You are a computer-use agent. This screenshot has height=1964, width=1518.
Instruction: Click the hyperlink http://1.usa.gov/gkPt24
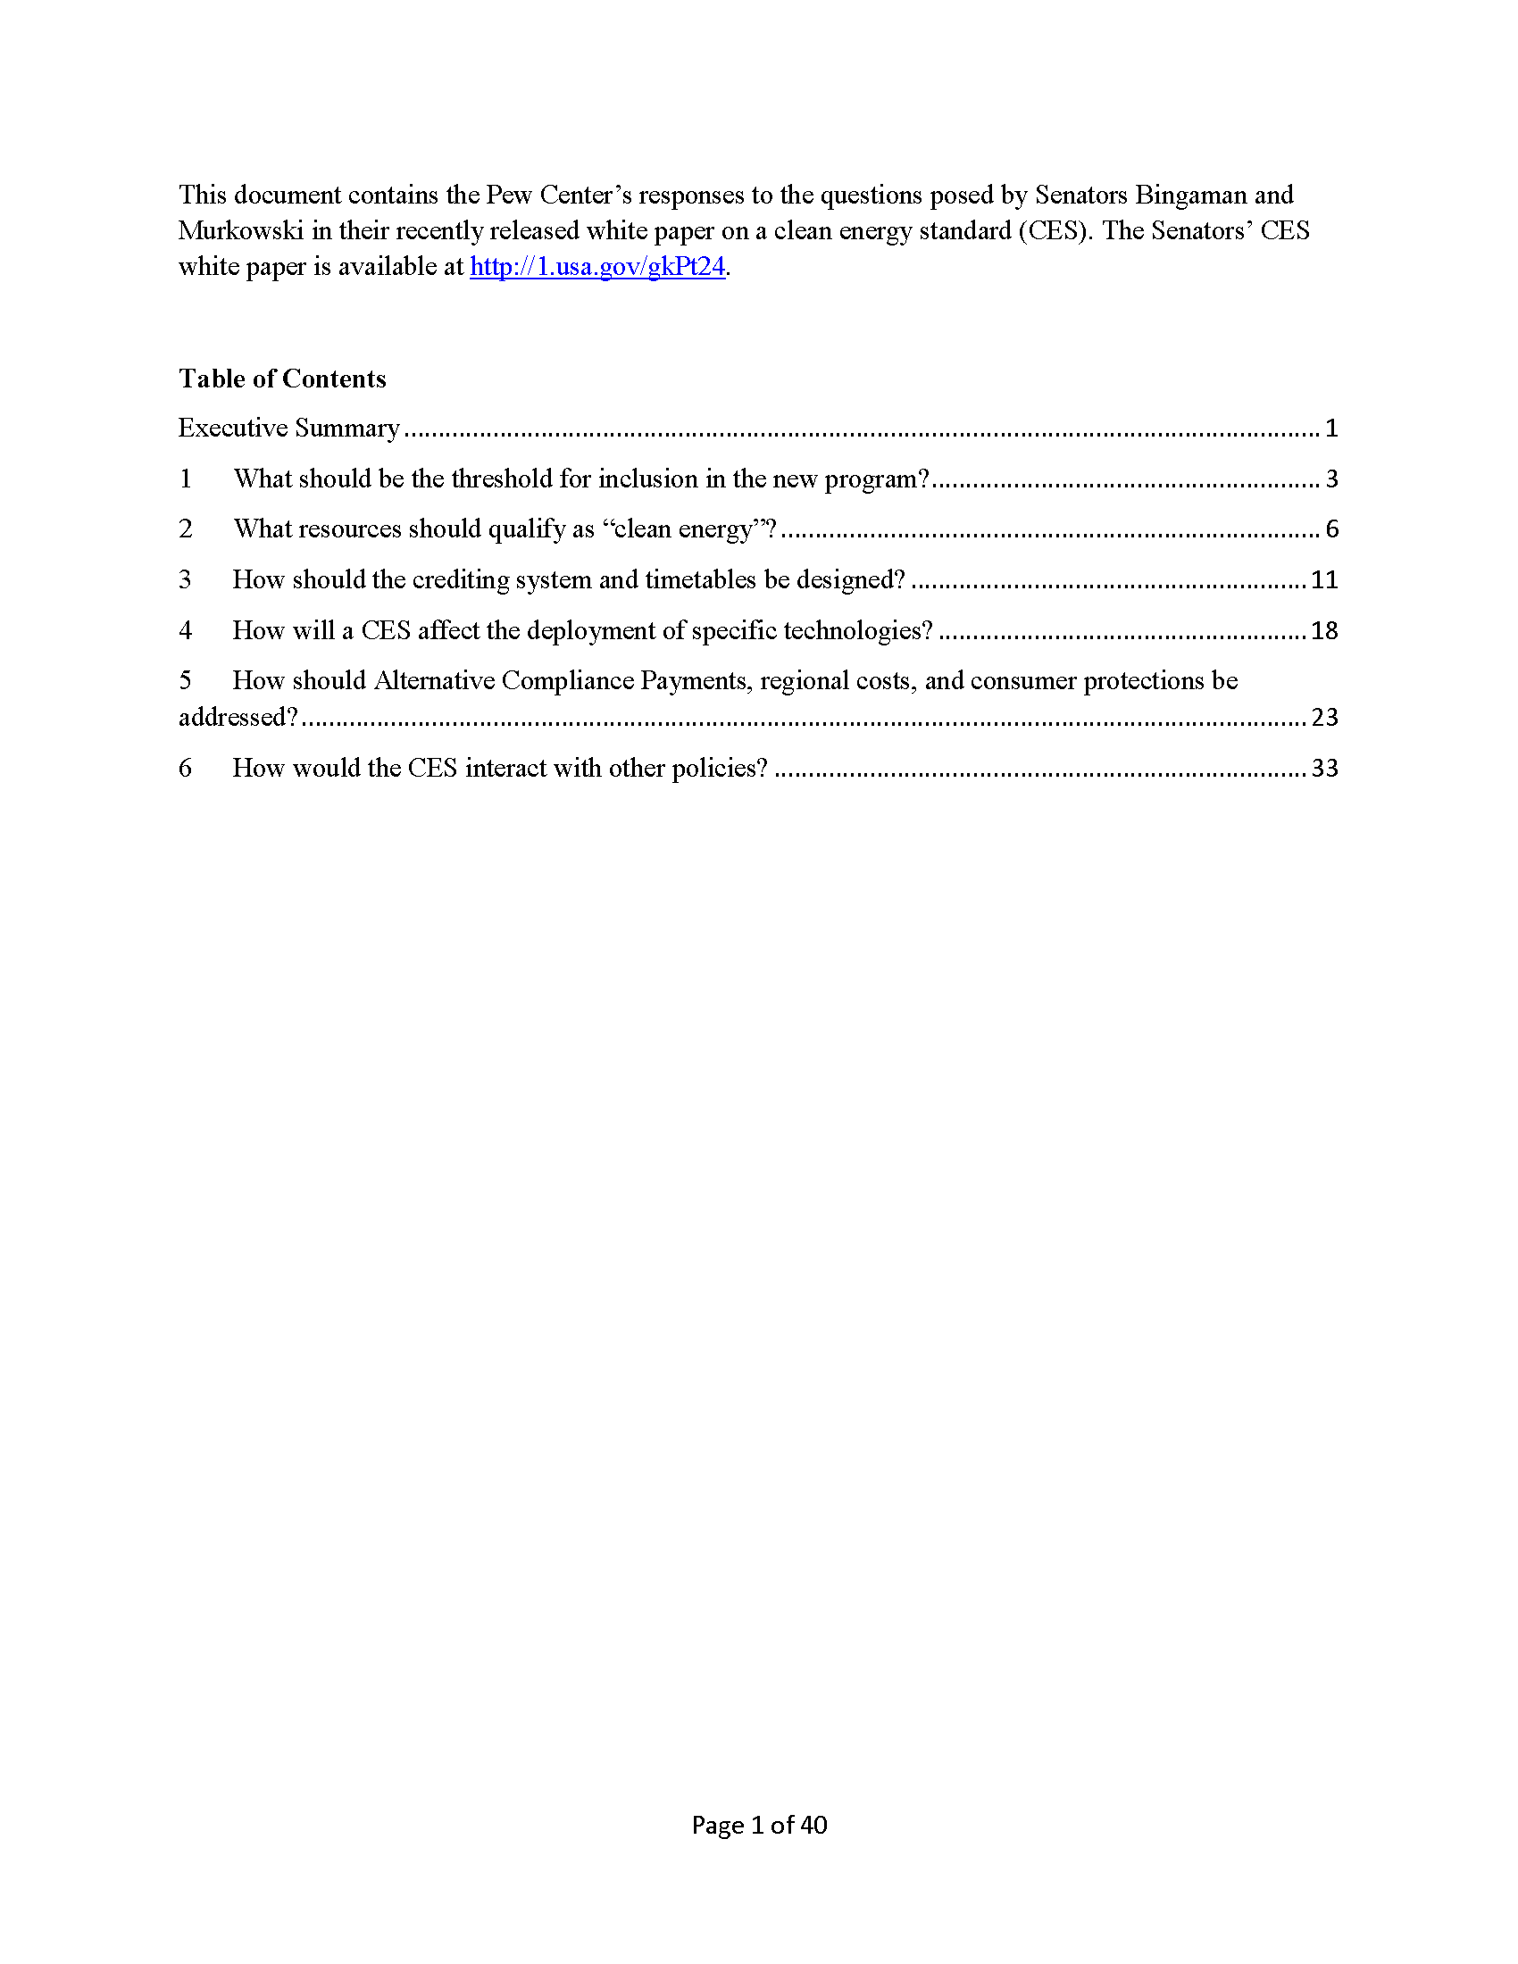click(x=596, y=267)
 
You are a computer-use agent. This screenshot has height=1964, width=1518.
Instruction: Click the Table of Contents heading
click(x=282, y=379)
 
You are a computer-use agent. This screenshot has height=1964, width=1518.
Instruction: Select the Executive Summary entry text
click(x=288, y=428)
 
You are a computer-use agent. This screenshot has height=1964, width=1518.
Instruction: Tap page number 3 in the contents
click(x=1331, y=479)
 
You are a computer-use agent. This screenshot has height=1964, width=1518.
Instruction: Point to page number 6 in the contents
click(x=1331, y=529)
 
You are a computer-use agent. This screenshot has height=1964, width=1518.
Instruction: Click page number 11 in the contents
click(x=1323, y=580)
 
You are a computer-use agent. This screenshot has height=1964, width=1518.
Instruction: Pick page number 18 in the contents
click(x=1323, y=631)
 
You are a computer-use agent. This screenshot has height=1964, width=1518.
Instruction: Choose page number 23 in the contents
click(x=1323, y=718)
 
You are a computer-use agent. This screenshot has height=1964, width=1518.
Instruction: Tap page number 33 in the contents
click(x=1323, y=769)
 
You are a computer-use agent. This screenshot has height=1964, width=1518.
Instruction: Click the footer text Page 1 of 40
click(x=759, y=1825)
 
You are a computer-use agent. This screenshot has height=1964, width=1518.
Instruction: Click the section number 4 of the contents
click(x=185, y=630)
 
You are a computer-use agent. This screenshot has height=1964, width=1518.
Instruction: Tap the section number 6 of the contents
click(x=185, y=768)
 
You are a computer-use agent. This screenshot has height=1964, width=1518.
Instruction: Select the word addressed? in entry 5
click(x=238, y=718)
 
